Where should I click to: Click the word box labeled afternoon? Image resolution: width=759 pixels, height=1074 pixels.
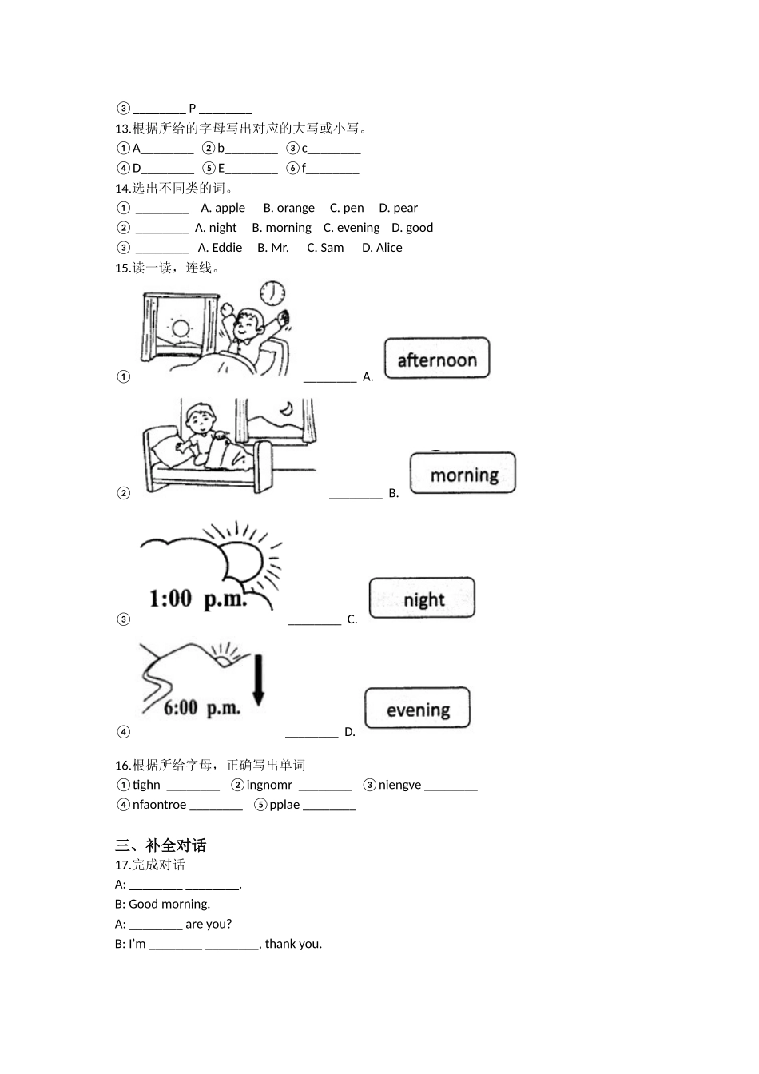(x=436, y=360)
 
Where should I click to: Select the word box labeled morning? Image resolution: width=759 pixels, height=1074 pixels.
(x=463, y=475)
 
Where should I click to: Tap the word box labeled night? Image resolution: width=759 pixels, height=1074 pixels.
(x=423, y=599)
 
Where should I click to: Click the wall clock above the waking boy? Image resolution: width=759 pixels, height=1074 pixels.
(x=272, y=293)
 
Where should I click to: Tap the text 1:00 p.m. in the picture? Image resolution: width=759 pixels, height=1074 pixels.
(x=198, y=598)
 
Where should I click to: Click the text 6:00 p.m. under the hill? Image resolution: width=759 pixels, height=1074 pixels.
(x=201, y=707)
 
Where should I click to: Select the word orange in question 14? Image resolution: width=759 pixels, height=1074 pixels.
(x=296, y=208)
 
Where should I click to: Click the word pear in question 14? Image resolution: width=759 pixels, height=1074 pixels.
(x=405, y=208)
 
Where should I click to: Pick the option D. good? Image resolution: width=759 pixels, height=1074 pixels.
(x=412, y=228)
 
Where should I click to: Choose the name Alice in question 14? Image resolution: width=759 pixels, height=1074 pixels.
(x=389, y=248)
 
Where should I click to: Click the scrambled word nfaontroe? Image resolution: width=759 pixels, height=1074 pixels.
(x=159, y=805)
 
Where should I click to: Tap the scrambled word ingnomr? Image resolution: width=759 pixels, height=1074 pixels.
(x=269, y=785)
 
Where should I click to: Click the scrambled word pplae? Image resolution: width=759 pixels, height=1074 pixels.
(x=284, y=805)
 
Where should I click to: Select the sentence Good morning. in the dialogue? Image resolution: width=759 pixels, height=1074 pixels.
(x=169, y=904)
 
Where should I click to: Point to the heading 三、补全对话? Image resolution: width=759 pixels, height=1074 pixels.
(x=161, y=845)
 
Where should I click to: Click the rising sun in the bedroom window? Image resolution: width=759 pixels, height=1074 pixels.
(x=180, y=328)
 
